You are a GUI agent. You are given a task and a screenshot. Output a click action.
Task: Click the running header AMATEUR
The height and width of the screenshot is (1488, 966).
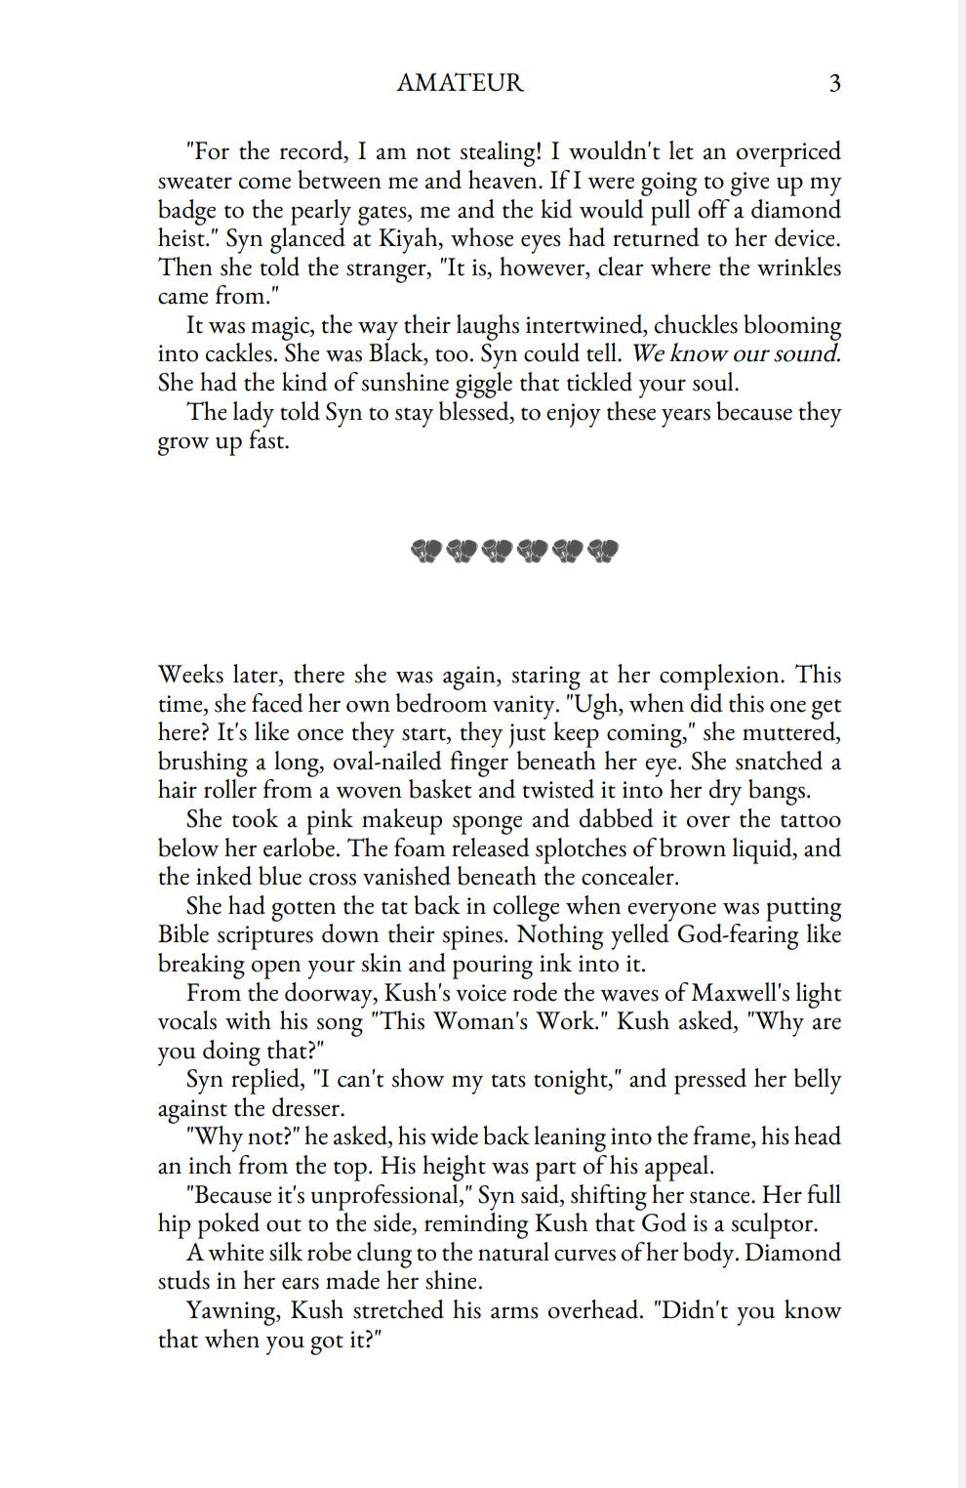pyautogui.click(x=460, y=84)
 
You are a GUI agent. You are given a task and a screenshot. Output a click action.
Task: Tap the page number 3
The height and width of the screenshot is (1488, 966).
pyautogui.click(x=834, y=84)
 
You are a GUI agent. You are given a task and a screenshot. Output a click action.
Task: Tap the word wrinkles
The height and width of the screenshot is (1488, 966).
pyautogui.click(x=799, y=268)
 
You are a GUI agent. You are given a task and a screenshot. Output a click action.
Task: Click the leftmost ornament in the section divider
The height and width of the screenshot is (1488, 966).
pyautogui.click(x=426, y=552)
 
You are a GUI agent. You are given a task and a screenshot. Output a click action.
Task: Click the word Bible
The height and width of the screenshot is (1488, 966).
pyautogui.click(x=182, y=935)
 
